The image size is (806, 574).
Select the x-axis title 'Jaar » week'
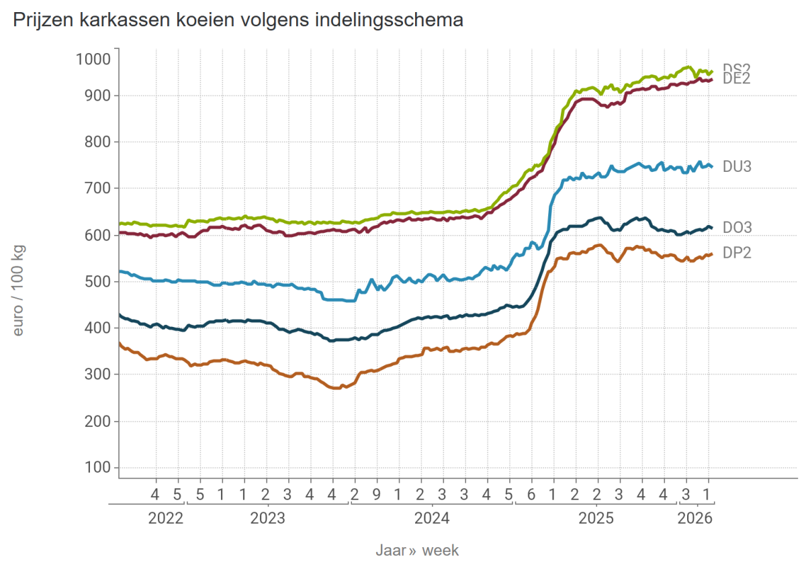tap(416, 551)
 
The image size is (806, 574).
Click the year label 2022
tap(165, 518)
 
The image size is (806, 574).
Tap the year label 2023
tap(267, 518)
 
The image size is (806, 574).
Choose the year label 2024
tap(432, 518)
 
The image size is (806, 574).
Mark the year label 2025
tap(596, 518)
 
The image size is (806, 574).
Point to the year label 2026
tap(695, 518)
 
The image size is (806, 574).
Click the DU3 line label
tap(737, 166)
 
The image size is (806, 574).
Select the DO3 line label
tap(737, 228)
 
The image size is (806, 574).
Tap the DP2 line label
tap(737, 253)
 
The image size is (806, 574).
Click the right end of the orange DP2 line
tap(711, 254)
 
